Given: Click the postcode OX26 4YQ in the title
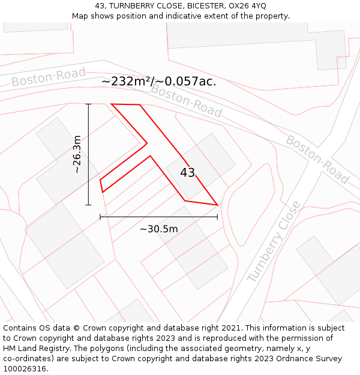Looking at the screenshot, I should (x=247, y=5).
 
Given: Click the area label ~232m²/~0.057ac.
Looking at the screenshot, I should (x=158, y=81).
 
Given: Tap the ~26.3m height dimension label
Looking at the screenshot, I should (x=77, y=154).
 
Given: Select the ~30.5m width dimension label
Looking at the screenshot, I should (x=159, y=229).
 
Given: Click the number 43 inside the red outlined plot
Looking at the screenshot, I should (x=187, y=173).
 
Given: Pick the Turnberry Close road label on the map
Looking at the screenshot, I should (x=274, y=242).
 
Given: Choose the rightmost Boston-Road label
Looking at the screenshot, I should (x=317, y=159).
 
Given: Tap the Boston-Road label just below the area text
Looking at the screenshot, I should (x=186, y=100).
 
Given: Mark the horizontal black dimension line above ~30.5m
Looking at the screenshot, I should (x=158, y=217).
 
